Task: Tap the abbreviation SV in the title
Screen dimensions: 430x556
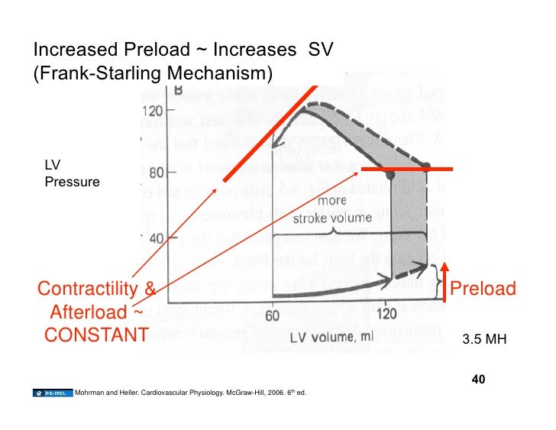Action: (322, 50)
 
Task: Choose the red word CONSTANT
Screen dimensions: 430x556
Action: (95, 335)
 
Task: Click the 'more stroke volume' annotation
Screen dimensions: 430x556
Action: (327, 212)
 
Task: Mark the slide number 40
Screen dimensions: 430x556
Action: (480, 380)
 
